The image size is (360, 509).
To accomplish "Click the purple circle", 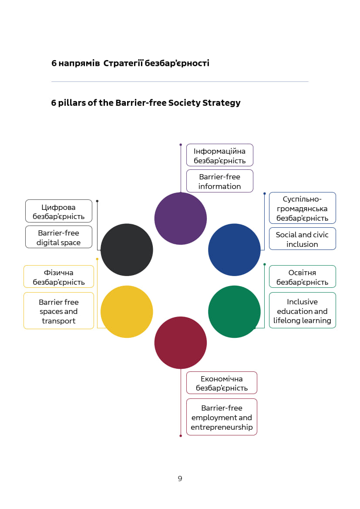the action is (181, 219).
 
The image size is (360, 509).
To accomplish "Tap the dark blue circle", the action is (234, 249).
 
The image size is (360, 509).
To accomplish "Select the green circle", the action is (234, 312).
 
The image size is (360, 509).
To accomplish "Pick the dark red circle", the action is (181, 343).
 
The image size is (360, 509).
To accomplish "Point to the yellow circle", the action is (127, 312).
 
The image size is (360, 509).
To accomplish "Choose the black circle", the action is (127, 249).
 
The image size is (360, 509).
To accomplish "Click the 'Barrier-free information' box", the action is (220, 181).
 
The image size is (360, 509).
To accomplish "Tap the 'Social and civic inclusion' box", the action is (302, 239).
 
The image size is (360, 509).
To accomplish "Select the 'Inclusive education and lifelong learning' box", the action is (302, 310).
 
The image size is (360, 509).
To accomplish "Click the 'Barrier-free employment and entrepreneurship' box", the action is (222, 417).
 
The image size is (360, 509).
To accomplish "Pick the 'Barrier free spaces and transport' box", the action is (59, 311).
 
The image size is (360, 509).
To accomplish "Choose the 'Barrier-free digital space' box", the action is (59, 237).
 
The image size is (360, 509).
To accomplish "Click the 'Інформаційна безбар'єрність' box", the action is (220, 155).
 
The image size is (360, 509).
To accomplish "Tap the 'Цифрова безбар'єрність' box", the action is (59, 211).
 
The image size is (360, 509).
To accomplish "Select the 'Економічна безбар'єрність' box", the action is (222, 383).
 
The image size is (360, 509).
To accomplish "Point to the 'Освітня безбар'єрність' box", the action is (302, 277).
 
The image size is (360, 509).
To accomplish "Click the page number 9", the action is (180, 479).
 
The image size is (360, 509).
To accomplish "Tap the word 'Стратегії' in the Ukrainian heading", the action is (123, 63).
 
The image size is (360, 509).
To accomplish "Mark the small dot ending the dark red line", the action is (181, 436).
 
